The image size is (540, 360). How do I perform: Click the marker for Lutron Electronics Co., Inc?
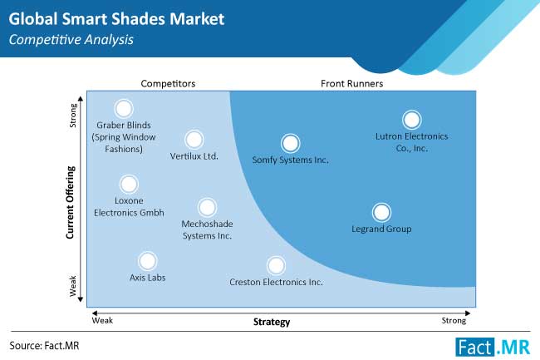coord(411,120)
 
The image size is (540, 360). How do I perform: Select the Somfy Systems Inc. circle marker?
coord(290,143)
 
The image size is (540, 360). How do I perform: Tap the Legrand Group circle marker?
coord(381,212)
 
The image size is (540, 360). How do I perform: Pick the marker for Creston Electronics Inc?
coord(276,265)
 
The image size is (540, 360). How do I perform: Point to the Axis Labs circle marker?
coord(147,261)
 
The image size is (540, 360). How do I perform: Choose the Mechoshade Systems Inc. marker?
coord(207,207)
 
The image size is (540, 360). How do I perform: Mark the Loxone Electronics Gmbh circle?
coord(129,184)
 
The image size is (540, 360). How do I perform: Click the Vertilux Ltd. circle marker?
coord(194,140)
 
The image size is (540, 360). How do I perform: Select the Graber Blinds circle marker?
coord(124,109)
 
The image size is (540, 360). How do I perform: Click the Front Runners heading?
coord(351,84)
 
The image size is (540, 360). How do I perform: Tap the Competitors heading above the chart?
coord(168,84)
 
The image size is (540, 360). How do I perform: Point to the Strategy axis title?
coord(272,322)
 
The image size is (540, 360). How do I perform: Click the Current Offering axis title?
coord(71,203)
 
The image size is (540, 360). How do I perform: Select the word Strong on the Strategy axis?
coord(454,321)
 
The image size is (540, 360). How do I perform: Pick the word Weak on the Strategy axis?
coord(102,320)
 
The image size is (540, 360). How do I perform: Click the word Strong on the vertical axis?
coord(73,116)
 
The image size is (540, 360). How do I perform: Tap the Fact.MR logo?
coord(493,347)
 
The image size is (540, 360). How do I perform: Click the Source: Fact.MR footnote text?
coord(44,346)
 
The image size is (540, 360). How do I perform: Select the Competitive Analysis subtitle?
coord(71,40)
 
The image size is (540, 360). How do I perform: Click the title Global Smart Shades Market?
coord(116,18)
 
